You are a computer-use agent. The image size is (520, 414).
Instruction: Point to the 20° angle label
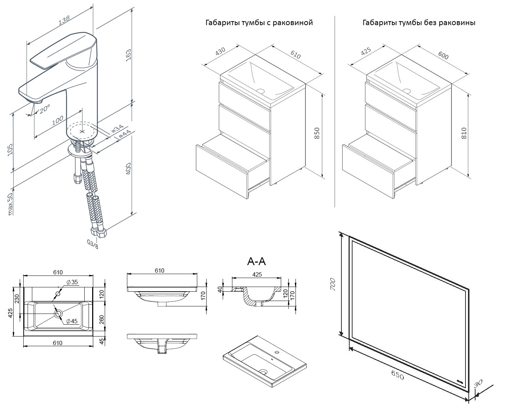coord(45,108)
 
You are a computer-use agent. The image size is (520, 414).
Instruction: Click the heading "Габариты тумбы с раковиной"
coord(259,23)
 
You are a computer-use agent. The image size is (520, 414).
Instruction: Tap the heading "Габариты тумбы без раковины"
coord(419,23)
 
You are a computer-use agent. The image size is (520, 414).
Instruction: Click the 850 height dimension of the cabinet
coord(317,134)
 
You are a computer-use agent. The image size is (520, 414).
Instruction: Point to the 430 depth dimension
coord(220,52)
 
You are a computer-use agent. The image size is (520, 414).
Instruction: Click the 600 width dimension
coord(443,56)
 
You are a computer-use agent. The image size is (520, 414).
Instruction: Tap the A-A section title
coord(256,262)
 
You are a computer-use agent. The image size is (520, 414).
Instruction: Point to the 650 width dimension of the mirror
coord(397,375)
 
